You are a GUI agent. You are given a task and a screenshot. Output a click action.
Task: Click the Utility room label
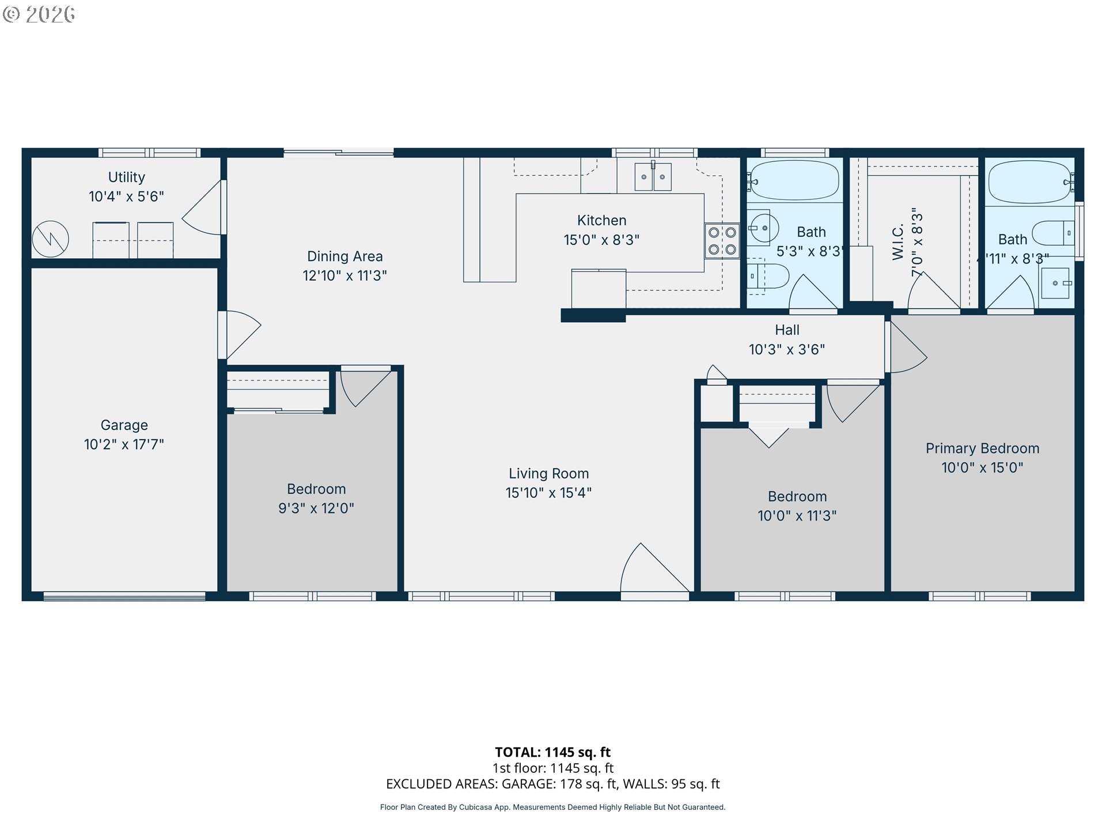(127, 177)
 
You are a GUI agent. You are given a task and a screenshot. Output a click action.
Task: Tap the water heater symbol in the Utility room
(51, 239)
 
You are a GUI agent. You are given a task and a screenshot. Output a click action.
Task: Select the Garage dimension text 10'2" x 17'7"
(124, 444)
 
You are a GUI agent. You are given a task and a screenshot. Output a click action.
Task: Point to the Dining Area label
(345, 256)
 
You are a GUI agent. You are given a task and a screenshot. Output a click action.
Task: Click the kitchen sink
(653, 176)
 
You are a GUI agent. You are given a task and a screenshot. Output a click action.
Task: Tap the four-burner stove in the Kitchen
(722, 241)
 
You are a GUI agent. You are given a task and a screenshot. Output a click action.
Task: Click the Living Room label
(549, 474)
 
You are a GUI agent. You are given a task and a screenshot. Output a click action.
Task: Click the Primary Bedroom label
(983, 448)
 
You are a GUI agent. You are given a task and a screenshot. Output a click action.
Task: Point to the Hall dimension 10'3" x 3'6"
(787, 349)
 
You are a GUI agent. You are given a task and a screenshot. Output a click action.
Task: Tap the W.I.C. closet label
(898, 242)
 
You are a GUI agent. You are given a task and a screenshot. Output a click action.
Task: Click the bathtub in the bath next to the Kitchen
(795, 180)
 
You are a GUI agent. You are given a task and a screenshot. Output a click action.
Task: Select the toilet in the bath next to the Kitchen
(768, 277)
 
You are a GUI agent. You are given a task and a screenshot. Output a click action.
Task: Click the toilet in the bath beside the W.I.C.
(1053, 233)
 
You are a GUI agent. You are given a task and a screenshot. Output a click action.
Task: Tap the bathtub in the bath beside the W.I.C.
(1029, 182)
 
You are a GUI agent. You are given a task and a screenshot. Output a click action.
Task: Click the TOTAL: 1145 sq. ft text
(553, 752)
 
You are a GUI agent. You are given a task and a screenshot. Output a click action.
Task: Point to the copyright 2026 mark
(39, 14)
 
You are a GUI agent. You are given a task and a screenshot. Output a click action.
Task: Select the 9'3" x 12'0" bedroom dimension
(316, 508)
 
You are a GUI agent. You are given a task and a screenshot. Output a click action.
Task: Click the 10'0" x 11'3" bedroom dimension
(797, 516)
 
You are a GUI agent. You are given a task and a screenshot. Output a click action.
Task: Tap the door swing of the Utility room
(203, 207)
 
